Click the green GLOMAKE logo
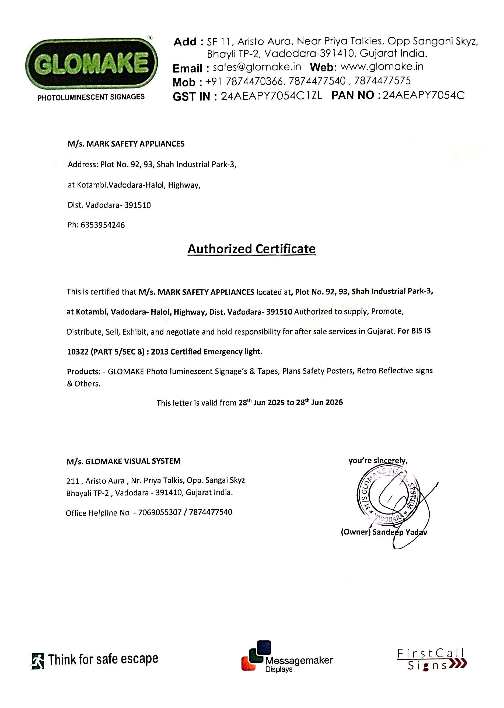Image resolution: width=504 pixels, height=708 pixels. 91,63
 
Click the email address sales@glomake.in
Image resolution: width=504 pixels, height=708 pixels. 257,67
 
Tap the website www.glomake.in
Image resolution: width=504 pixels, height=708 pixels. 382,67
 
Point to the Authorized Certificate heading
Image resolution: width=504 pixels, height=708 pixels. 251,249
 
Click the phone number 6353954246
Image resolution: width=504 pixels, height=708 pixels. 103,225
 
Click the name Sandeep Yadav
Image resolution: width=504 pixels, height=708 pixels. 400,532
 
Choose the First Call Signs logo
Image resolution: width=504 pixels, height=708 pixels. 432,660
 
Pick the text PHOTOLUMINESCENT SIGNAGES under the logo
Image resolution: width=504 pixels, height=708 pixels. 91,97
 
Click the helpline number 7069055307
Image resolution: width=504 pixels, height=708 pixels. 159,512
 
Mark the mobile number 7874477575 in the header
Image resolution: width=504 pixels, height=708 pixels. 382,81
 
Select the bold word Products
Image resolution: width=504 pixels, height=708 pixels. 82,372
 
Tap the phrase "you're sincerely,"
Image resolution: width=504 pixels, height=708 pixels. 378,460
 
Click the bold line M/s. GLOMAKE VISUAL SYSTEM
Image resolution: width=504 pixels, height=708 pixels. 123,461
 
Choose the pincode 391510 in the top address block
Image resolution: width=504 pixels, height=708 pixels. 138,205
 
